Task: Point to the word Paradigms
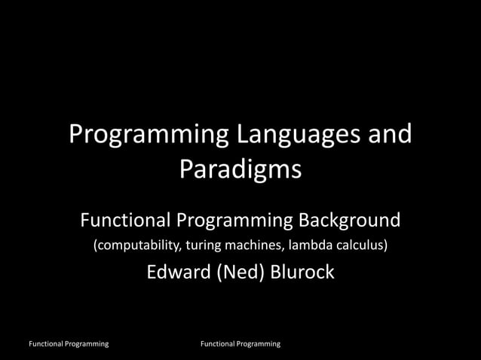pyautogui.click(x=240, y=169)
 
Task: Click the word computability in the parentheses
pyautogui.click(x=135, y=246)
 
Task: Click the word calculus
pyautogui.click(x=359, y=246)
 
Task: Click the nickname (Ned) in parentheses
pyautogui.click(x=240, y=272)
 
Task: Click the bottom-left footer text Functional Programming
pyautogui.click(x=68, y=344)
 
